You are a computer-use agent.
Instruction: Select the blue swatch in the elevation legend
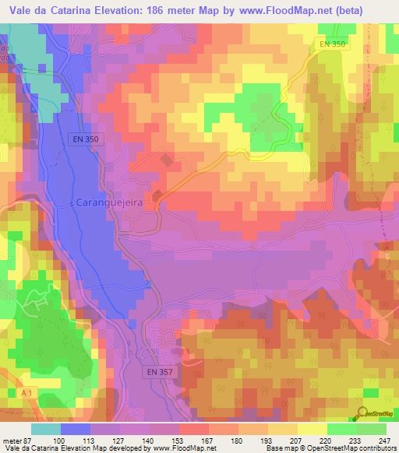click(76, 429)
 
